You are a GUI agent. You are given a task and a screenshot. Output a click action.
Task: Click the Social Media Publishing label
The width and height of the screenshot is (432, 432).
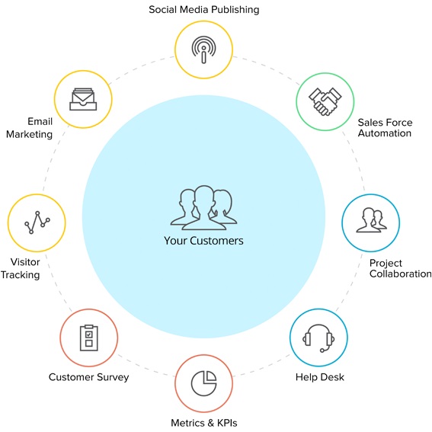[204, 10]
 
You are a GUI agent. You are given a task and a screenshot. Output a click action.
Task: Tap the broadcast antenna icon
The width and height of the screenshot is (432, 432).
[204, 50]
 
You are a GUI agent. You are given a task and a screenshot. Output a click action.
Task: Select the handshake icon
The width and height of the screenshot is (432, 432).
[325, 101]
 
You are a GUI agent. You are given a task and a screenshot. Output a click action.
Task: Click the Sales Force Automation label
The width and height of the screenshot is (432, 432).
[385, 128]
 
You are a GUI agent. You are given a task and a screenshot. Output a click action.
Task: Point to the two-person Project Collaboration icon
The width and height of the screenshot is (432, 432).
[371, 220]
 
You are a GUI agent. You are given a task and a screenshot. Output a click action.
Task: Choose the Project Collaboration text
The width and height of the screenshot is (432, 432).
[400, 268]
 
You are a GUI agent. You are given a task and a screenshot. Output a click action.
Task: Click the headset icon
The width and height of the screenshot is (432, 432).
[318, 338]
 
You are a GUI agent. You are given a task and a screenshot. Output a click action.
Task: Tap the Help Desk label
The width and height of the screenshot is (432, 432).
[319, 377]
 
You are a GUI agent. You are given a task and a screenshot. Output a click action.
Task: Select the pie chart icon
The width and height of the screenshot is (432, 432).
[204, 383]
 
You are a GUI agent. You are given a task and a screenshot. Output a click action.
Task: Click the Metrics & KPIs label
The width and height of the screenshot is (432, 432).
[204, 423]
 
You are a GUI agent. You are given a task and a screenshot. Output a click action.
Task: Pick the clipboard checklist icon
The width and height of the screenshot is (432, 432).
[88, 338]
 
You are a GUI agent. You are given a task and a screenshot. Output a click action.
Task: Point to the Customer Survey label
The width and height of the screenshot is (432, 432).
[88, 377]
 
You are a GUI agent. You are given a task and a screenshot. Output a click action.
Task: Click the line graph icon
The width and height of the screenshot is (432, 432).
[37, 222]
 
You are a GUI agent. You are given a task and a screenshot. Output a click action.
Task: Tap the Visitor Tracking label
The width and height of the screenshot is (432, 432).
[21, 268]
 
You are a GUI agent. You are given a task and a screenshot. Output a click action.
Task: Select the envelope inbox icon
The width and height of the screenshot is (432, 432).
[83, 99]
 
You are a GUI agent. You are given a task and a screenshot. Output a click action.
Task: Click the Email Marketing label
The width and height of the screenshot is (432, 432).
[29, 128]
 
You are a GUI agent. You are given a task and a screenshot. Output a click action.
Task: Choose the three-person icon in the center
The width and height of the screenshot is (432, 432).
[203, 208]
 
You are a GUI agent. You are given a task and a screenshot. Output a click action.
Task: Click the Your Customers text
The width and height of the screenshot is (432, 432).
[203, 241]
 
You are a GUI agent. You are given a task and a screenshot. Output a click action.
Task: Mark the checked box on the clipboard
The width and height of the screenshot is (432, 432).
[88, 334]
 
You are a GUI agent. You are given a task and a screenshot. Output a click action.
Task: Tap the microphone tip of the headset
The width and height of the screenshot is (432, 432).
[322, 350]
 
